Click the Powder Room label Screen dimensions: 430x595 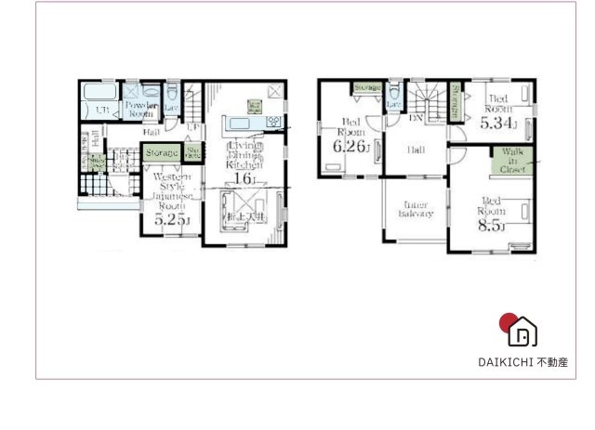(141, 108)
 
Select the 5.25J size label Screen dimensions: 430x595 (171, 219)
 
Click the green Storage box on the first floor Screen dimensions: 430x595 (161, 151)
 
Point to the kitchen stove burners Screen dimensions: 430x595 (274, 122)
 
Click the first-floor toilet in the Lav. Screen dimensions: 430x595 (172, 93)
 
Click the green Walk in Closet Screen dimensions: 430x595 (512, 160)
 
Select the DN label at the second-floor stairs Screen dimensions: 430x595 (416, 119)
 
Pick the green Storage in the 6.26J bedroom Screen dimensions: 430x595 (367, 89)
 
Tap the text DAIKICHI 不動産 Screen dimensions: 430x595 (523, 362)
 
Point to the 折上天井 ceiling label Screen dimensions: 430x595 (245, 217)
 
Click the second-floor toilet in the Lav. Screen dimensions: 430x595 (395, 93)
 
